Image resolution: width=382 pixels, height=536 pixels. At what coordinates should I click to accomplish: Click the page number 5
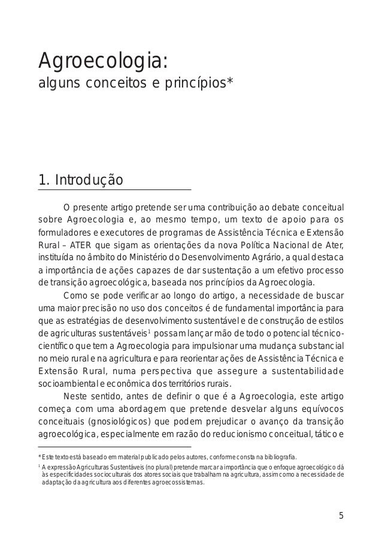coord(341,514)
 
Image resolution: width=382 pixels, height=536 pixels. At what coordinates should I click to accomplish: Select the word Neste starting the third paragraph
coord(75,396)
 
